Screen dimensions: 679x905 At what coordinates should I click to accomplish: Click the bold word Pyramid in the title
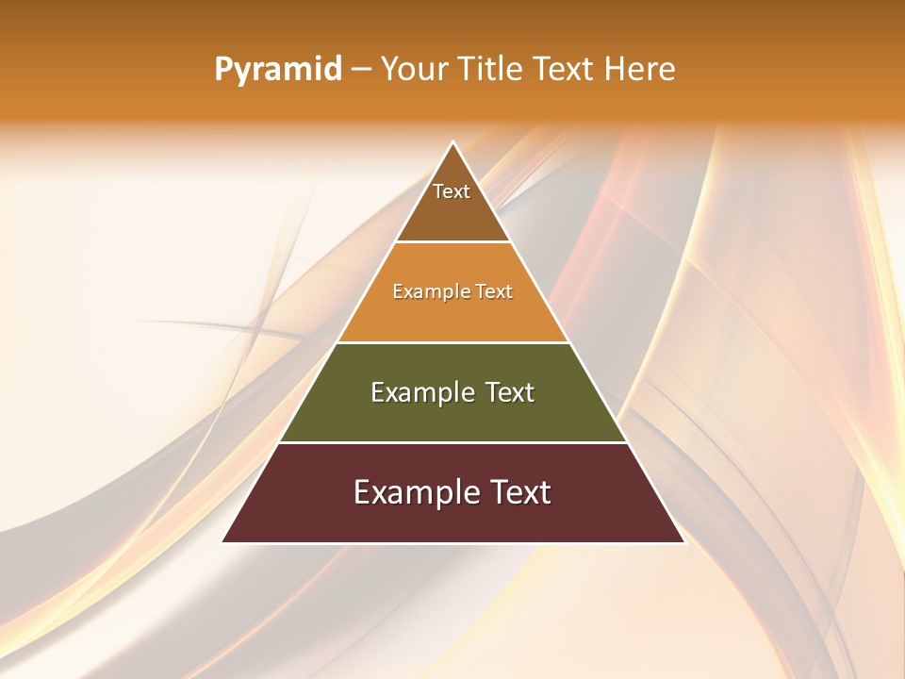point(278,70)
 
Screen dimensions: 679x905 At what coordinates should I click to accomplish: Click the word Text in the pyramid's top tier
point(452,192)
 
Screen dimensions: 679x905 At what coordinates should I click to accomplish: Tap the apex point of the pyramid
point(453,142)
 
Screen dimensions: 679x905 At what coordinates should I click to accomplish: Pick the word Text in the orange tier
point(494,292)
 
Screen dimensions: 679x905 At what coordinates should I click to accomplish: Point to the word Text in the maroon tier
point(519,492)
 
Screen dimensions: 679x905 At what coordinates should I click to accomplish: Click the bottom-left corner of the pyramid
point(222,541)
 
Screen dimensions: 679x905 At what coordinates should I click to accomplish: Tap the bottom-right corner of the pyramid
point(684,541)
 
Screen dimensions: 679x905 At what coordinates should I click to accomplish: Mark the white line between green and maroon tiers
point(452,442)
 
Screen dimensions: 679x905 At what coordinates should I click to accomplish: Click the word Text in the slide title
point(565,70)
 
